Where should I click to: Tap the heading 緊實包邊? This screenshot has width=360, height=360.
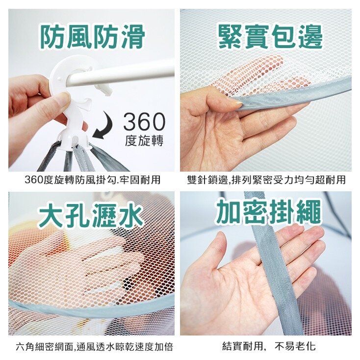click(271, 37)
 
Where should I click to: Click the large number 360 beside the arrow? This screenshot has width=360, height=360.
click(144, 122)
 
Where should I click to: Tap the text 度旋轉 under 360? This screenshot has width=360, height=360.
click(144, 140)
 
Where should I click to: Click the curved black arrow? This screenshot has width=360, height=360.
click(103, 126)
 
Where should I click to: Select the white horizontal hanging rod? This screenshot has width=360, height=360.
click(119, 73)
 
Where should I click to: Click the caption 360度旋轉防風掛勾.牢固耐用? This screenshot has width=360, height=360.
click(92, 180)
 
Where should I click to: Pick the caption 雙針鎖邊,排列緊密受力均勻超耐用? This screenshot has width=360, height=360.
click(266, 180)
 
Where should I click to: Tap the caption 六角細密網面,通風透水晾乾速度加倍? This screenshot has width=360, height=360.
click(94, 347)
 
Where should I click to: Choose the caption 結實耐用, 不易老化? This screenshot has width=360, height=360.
click(269, 346)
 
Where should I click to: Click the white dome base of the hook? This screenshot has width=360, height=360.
click(73, 140)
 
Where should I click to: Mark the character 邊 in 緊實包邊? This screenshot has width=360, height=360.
click(310, 37)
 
